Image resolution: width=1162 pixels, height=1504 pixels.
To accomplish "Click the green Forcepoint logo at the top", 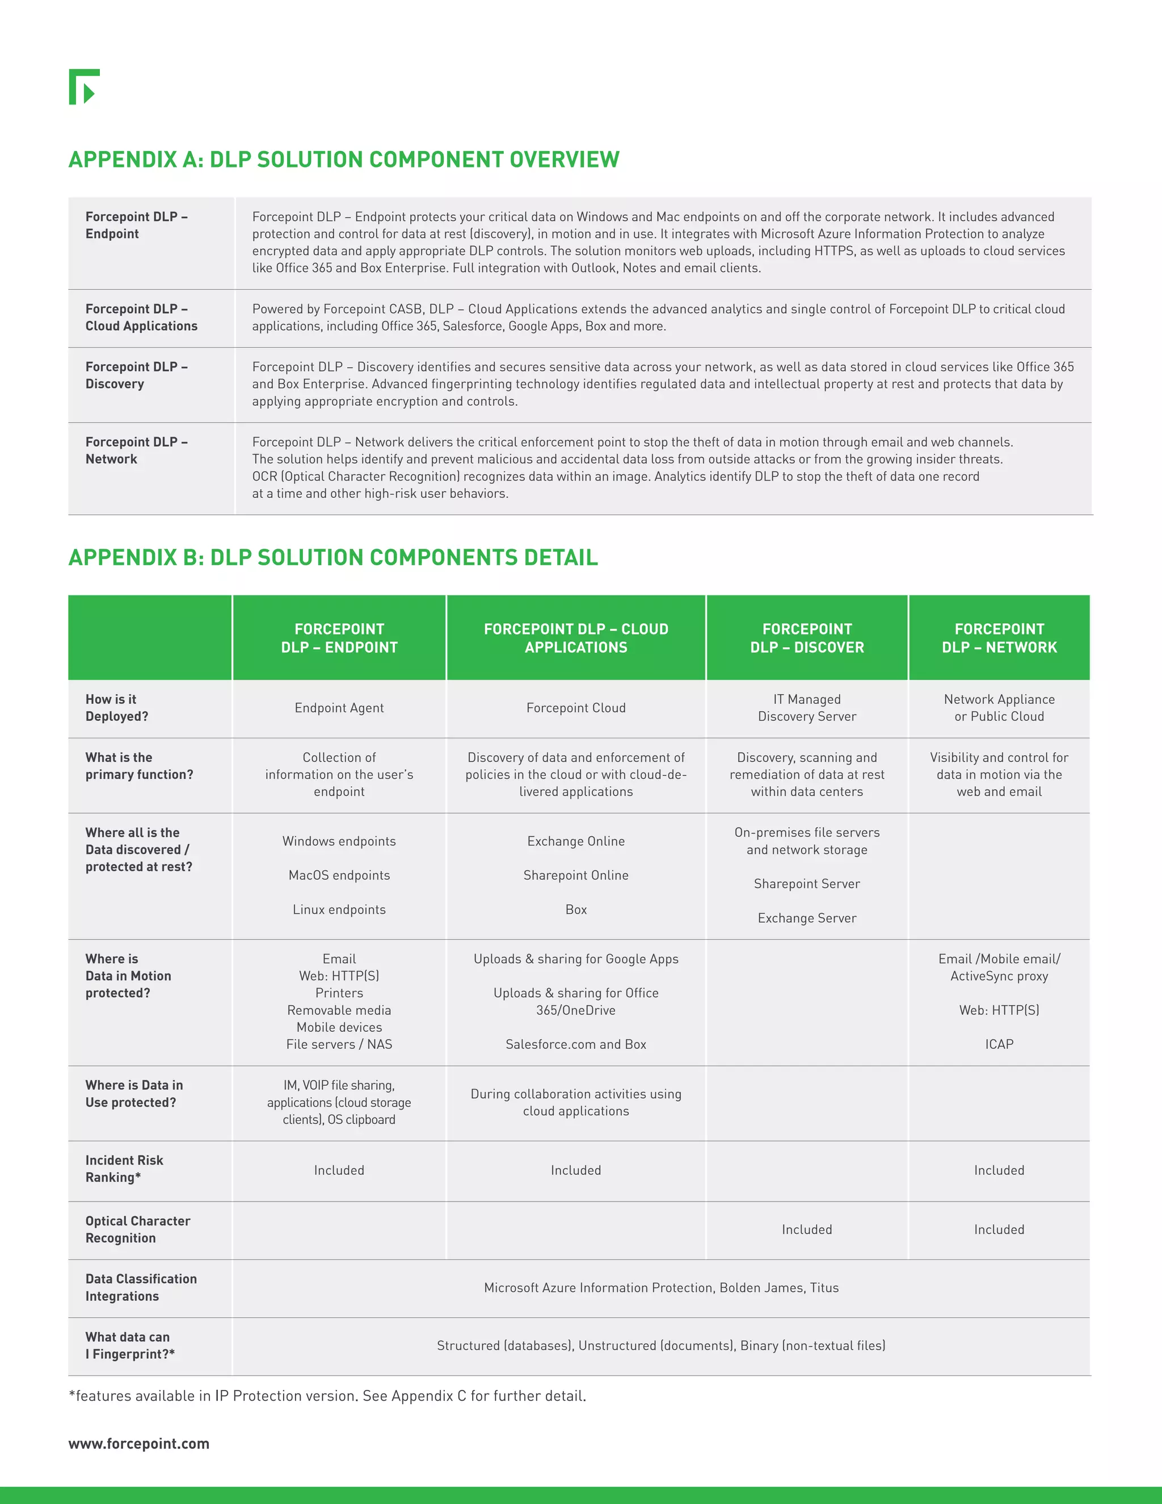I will [84, 87].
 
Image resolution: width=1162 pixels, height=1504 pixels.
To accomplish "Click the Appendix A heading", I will [343, 160].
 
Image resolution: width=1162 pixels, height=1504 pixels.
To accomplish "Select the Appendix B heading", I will [333, 557].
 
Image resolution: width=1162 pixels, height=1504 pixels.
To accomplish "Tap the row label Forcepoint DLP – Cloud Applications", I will [141, 317].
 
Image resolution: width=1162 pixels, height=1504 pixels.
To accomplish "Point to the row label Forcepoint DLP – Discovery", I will [136, 375].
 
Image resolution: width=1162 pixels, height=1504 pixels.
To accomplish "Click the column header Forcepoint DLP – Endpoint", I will [339, 638].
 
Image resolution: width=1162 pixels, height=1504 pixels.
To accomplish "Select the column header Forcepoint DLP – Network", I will [999, 638].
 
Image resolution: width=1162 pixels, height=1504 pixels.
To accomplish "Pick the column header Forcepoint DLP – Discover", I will [807, 638].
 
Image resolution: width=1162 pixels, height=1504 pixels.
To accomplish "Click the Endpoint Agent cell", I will [339, 708].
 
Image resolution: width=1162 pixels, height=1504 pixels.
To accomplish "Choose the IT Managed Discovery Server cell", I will [807, 708].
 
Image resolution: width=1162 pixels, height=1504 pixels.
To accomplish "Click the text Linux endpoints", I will [339, 910].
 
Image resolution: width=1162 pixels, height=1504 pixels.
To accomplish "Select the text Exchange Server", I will [807, 918].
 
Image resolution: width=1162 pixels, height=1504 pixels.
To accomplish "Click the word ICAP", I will [999, 1044].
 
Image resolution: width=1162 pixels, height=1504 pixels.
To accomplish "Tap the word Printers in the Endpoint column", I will [339, 993].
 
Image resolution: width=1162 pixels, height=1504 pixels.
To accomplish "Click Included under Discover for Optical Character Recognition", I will [807, 1229].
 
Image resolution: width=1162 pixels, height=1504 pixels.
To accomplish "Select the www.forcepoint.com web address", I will [138, 1443].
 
